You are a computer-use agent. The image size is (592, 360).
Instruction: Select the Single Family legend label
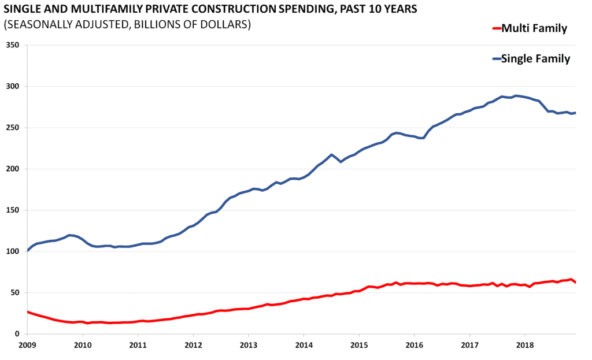pos(536,58)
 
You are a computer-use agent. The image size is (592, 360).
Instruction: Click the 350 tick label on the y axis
pos(13,45)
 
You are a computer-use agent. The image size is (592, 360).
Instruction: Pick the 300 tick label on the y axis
pos(13,87)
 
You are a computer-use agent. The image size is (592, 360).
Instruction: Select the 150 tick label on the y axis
pos(13,210)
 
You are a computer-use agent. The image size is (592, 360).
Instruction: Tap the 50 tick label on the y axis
pos(15,293)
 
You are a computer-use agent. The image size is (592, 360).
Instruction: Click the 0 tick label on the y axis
pos(17,334)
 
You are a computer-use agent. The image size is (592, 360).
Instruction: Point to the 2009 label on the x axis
pos(27,346)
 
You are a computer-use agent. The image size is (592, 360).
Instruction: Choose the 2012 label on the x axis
pos(193,346)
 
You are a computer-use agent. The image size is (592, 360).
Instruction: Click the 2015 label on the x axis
pos(359,346)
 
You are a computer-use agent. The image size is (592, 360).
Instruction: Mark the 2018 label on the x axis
pos(525,346)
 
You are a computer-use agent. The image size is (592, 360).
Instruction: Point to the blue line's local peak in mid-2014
pos(331,155)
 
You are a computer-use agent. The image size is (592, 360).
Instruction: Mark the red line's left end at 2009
pos(27,312)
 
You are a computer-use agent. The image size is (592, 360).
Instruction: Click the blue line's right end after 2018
pos(576,113)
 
